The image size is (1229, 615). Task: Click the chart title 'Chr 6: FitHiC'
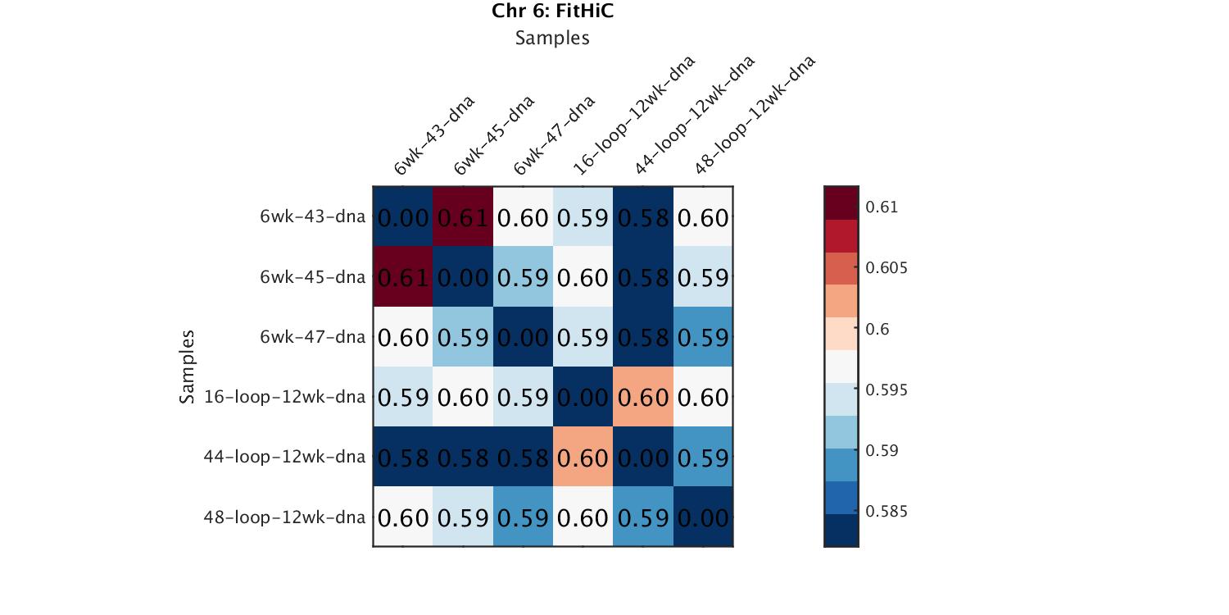552,11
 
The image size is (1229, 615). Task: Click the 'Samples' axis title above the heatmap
552,38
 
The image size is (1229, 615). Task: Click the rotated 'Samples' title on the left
188,367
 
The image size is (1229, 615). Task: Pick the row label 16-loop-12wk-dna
285,397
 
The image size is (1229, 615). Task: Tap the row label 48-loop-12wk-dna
285,517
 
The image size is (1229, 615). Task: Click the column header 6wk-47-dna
554,135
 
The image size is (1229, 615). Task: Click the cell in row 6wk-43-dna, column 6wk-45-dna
463,217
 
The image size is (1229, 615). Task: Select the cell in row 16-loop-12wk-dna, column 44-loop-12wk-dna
643,397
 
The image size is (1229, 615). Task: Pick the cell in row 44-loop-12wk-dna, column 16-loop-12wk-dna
583,457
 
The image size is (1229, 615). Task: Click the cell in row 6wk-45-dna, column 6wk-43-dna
403,277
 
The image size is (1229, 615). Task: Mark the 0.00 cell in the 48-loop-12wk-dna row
703,517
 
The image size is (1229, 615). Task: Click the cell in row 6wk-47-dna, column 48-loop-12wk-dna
703,337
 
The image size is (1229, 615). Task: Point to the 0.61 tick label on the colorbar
882,207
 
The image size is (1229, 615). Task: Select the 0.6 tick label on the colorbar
877,329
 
